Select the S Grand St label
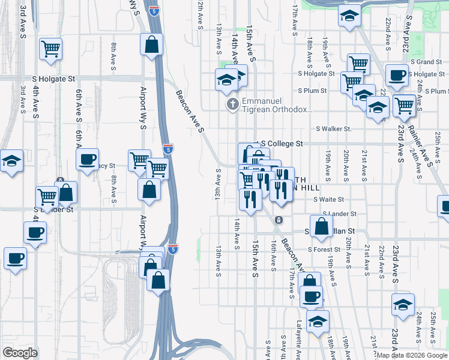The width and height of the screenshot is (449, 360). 426,62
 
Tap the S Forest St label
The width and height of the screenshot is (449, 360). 324,250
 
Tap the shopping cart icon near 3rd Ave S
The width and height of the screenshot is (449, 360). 51,48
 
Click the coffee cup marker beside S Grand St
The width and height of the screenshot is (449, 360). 396,75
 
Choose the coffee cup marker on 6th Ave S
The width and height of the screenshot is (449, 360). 88,159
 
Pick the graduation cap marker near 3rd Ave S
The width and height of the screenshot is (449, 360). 11,161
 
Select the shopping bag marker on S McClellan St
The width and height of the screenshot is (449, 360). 322,226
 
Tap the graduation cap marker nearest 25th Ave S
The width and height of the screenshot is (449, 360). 403,304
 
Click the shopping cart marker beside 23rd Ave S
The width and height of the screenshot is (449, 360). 404,105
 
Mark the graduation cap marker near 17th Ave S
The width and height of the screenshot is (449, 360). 348,16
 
